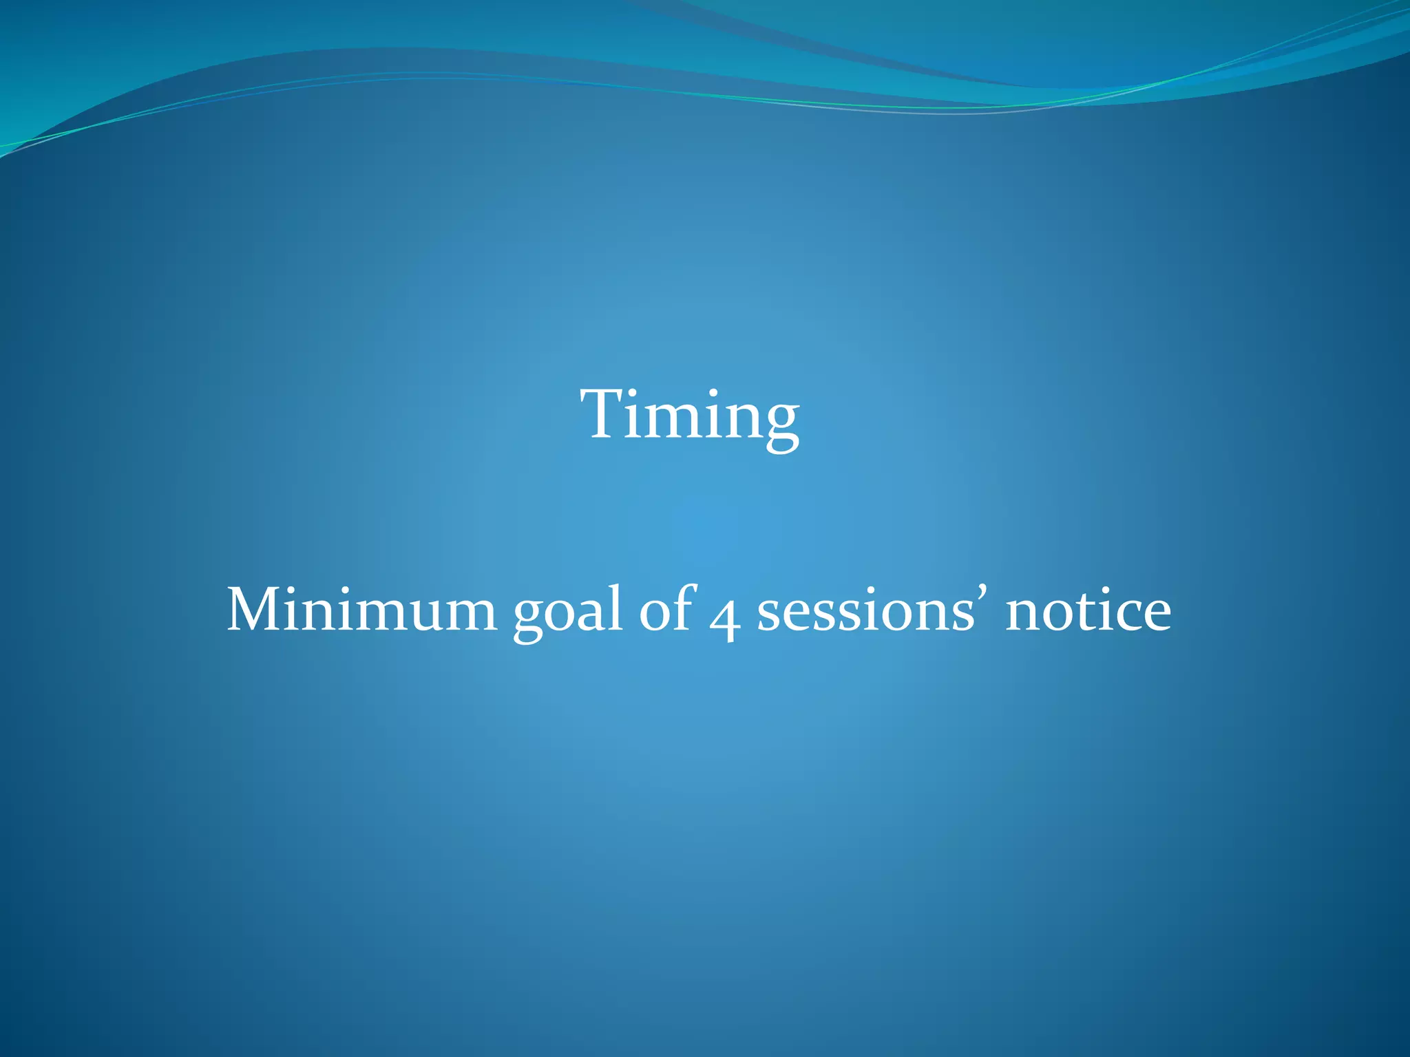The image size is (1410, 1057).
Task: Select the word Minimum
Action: [x=361, y=610]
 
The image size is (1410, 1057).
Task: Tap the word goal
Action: [x=568, y=612]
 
